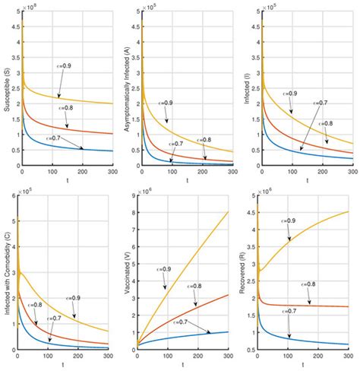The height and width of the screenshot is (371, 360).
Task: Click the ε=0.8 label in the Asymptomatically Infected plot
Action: [x=205, y=139]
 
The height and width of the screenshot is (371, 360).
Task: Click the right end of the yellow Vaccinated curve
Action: [x=228, y=212]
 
